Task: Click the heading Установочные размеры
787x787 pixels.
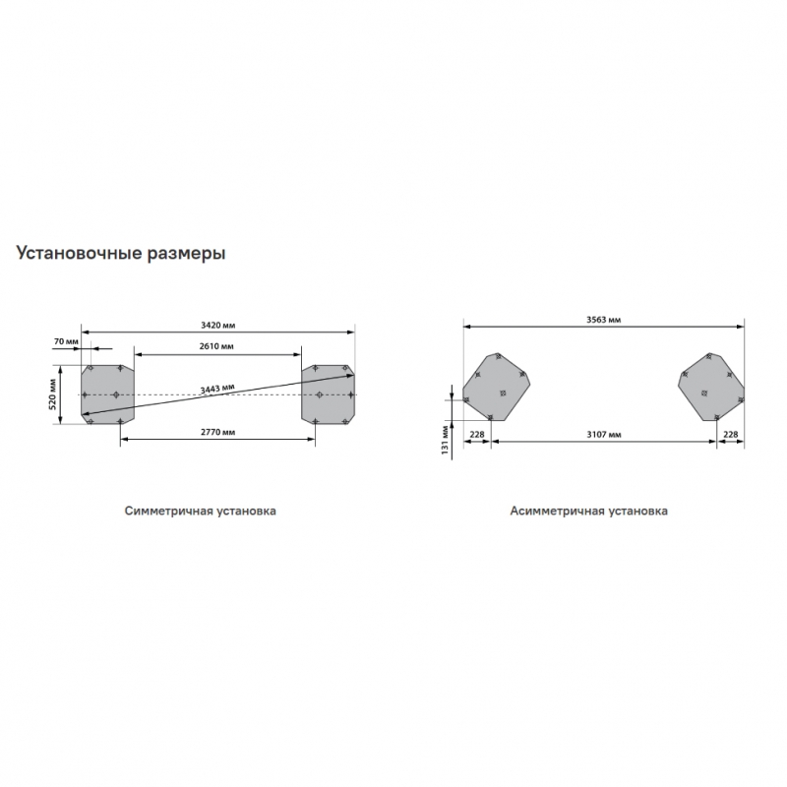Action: [x=121, y=253]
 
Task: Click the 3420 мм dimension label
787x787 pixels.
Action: [x=217, y=326]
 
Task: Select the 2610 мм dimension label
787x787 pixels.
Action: [x=216, y=346]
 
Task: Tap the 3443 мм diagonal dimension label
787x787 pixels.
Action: [x=217, y=389]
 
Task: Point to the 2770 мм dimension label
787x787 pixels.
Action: [x=217, y=432]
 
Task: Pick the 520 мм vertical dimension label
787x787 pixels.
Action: [x=52, y=394]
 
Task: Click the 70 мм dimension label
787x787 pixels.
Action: [x=66, y=341]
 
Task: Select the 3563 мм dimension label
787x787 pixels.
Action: [x=604, y=320]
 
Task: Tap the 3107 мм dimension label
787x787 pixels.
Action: [x=604, y=434]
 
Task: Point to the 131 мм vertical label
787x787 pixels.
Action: [x=445, y=440]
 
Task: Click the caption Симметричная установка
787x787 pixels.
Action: [x=201, y=511]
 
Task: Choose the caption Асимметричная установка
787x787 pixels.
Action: [x=588, y=511]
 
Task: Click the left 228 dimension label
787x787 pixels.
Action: [x=476, y=434]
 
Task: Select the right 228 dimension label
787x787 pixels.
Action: [x=731, y=434]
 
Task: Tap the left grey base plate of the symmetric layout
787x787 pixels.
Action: [x=108, y=394]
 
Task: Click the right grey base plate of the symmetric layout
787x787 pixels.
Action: [x=328, y=394]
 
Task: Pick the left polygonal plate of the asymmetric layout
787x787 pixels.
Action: [x=497, y=387]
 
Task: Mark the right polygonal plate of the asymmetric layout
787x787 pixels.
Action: [x=711, y=387]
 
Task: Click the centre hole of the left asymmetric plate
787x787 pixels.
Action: [x=503, y=393]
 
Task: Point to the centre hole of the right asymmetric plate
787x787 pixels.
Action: [x=704, y=393]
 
